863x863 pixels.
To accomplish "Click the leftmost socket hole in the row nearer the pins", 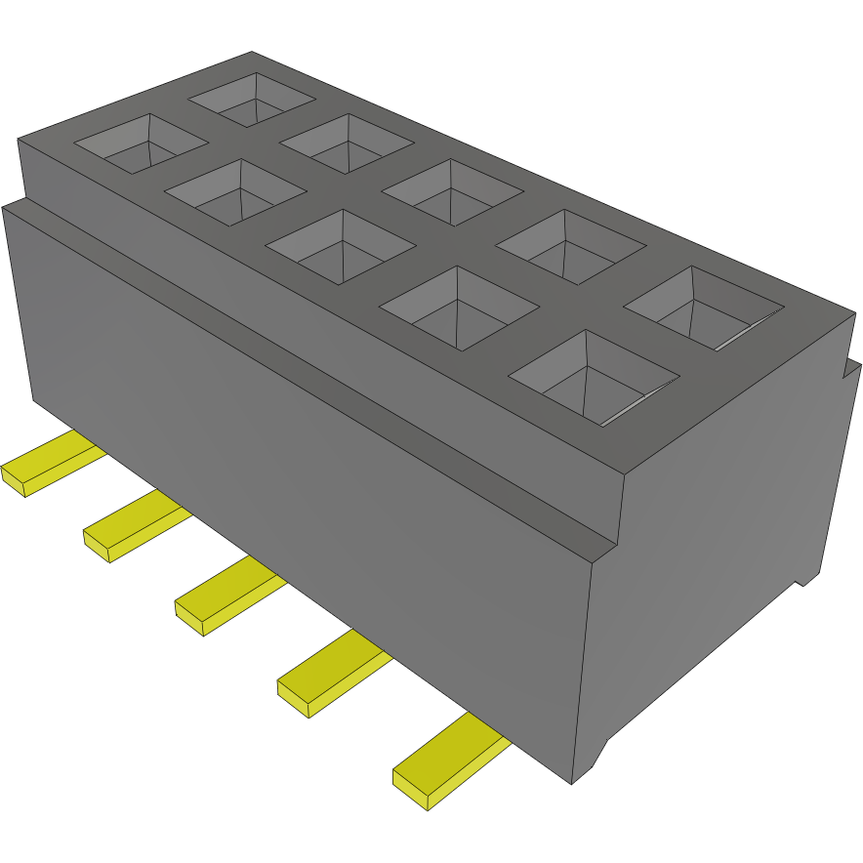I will pyautogui.click(x=141, y=143).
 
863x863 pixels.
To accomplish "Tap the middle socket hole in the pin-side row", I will pyautogui.click(x=339, y=245).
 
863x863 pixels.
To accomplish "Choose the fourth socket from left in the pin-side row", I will pyautogui.click(x=459, y=308).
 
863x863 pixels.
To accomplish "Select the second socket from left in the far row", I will pyautogui.click(x=347, y=144).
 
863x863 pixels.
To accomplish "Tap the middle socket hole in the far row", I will pyautogui.click(x=450, y=191).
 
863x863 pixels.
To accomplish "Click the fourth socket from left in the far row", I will pyautogui.click(x=570, y=245).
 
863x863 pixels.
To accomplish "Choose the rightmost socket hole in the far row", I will pyautogui.click(x=703, y=307).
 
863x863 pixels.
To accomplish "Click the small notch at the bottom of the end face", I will pyautogui.click(x=805, y=580).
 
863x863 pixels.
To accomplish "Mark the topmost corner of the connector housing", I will pyautogui.click(x=252, y=53).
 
